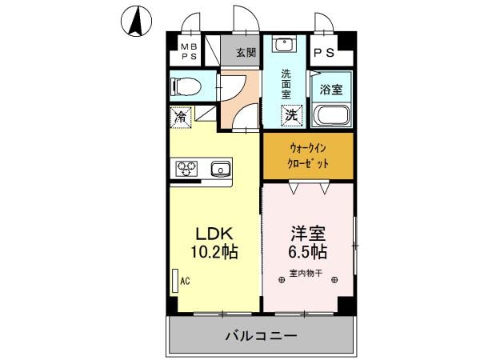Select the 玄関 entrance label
pos(246,53)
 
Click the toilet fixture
pos(185,86)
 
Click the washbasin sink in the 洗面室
pos(285,45)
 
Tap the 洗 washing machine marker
pos(292,115)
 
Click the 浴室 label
pos(331,89)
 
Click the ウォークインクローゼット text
pos(308,155)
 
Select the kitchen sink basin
pos(220,169)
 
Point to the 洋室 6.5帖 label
pos(307,242)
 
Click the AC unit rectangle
pos(174,282)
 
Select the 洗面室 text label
pos(286,83)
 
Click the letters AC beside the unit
pos(185,282)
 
